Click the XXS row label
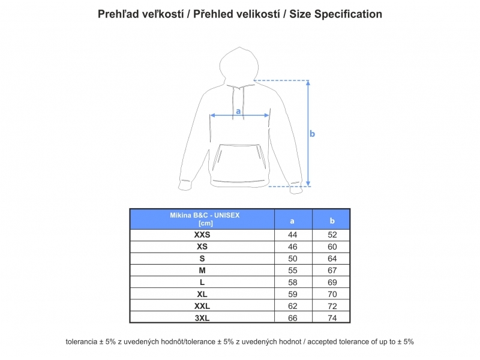(202, 235)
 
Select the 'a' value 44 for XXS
(292, 235)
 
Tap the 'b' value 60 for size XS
(332, 247)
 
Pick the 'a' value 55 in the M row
(292, 271)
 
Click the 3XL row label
(202, 318)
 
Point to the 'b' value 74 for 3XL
(332, 318)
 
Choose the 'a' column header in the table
(292, 221)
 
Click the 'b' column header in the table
(332, 221)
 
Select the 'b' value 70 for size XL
(332, 294)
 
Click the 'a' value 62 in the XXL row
(292, 306)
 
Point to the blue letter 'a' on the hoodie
(238, 111)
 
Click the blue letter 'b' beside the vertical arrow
(312, 134)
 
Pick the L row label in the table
(202, 282)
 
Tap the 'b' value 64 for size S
(332, 259)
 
